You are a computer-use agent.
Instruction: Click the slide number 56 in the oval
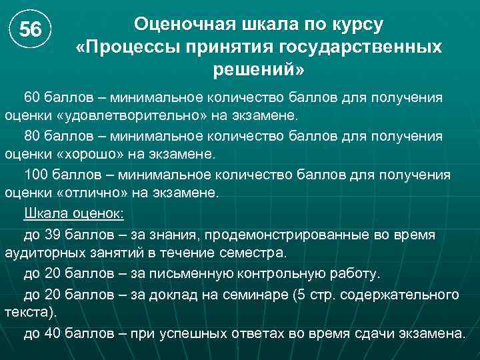click(30, 30)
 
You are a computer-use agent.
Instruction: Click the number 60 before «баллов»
click(33, 97)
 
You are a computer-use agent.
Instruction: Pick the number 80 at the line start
click(33, 136)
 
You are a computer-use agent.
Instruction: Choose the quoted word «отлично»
click(85, 193)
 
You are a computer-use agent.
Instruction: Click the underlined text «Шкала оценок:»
click(73, 214)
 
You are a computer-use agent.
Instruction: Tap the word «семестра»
click(254, 253)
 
